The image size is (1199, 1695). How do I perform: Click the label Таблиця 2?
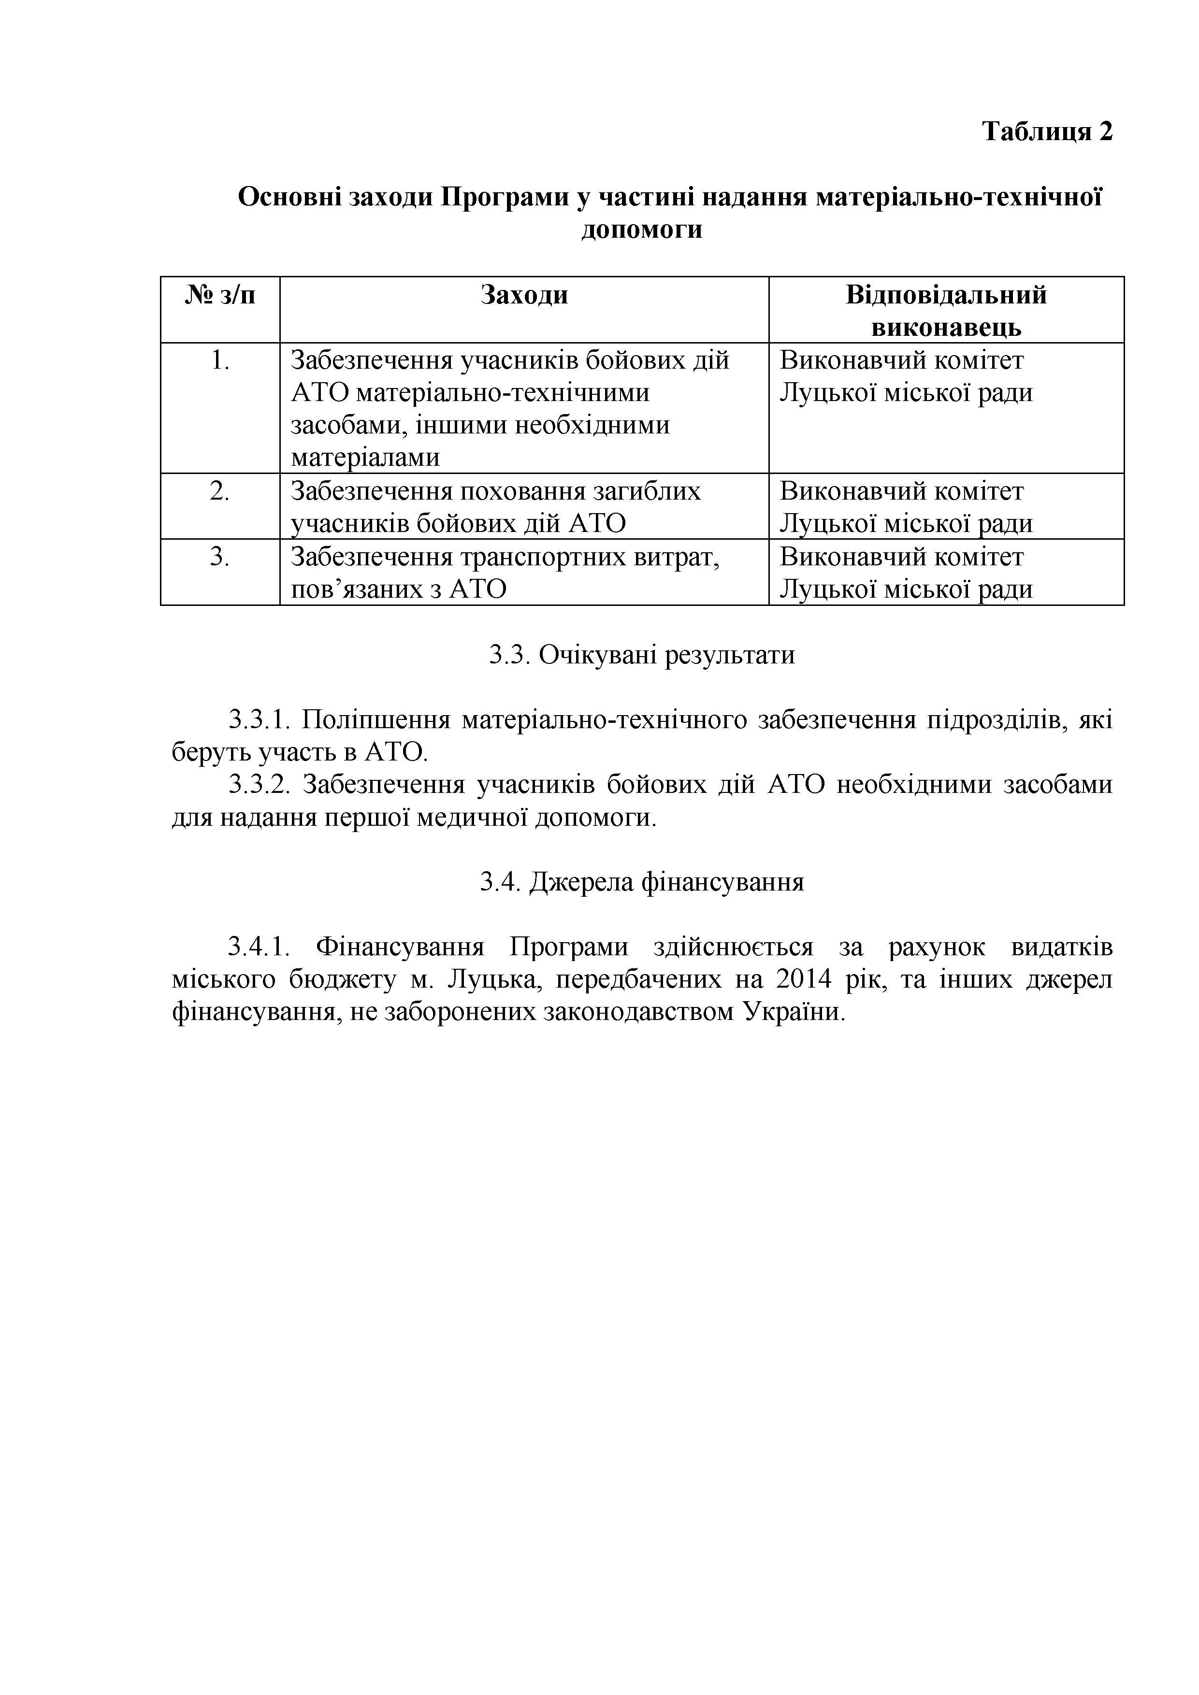pyautogui.click(x=1046, y=131)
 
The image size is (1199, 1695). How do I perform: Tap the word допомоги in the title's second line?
pyautogui.click(x=642, y=230)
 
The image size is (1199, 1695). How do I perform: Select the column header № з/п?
pyautogui.click(x=220, y=295)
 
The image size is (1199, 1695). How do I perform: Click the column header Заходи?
pyautogui.click(x=524, y=295)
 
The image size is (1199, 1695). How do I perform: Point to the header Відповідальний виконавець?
pyautogui.click(x=946, y=311)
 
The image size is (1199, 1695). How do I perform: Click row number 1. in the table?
pyautogui.click(x=220, y=360)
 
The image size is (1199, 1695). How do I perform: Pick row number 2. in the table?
pyautogui.click(x=220, y=491)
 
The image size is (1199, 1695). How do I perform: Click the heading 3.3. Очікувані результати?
pyautogui.click(x=642, y=655)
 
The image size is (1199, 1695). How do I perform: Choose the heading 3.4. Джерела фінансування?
pyautogui.click(x=642, y=881)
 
